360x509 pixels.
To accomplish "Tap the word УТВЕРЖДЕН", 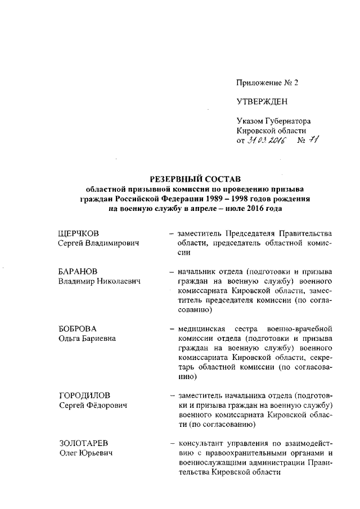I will pos(262,102).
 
